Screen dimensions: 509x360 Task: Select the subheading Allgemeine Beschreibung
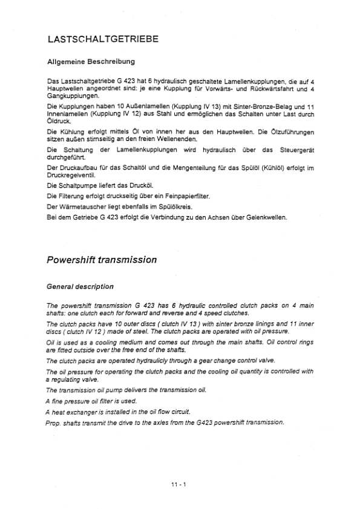tap(91, 62)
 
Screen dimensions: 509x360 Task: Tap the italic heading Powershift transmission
tap(102, 260)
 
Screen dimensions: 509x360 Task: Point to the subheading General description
tap(80, 286)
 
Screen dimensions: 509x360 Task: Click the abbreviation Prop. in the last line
tap(54, 422)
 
